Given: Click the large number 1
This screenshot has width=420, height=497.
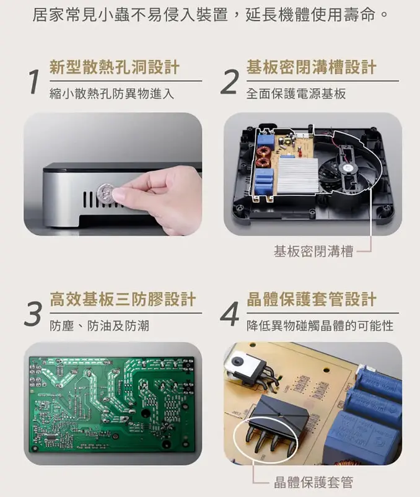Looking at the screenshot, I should (34, 82).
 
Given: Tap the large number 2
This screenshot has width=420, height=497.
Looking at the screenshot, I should (230, 82).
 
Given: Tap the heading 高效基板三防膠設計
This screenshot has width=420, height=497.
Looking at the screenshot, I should (123, 299).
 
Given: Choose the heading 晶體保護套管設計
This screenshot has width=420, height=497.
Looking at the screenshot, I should (311, 299).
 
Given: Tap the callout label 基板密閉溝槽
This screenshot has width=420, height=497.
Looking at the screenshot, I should (313, 251).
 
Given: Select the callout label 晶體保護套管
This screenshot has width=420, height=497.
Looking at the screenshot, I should (313, 482).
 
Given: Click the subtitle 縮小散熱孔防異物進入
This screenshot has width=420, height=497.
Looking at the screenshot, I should (112, 94).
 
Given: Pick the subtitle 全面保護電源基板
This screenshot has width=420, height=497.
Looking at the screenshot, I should (295, 94).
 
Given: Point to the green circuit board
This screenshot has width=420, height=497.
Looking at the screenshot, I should (112, 403).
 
